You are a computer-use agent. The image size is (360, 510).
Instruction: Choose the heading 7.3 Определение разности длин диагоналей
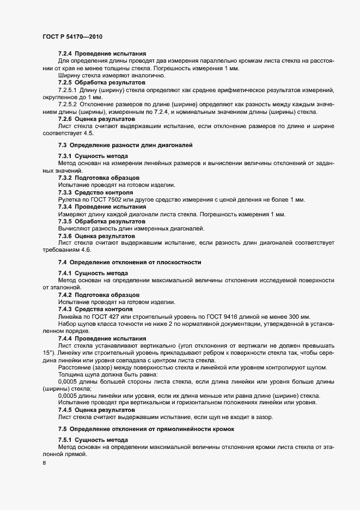point(125,145)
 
